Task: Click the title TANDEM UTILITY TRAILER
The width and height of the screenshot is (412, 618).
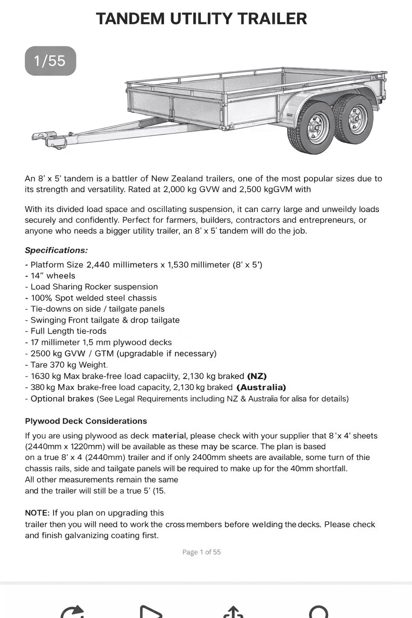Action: point(202,19)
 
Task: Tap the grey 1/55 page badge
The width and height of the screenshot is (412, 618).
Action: point(50,61)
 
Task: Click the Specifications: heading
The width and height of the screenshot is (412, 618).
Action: point(56,250)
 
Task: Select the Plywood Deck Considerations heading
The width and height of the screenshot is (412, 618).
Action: point(86,421)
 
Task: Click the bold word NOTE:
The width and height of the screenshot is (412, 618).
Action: point(37,513)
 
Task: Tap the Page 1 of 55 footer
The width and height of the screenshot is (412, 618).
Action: point(201,552)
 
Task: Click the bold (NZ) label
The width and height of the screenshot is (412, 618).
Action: point(257,376)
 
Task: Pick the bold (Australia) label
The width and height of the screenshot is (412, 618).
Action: point(262,387)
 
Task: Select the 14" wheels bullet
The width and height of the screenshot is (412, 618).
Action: point(53,276)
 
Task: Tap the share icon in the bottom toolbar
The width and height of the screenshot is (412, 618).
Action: point(233,611)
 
